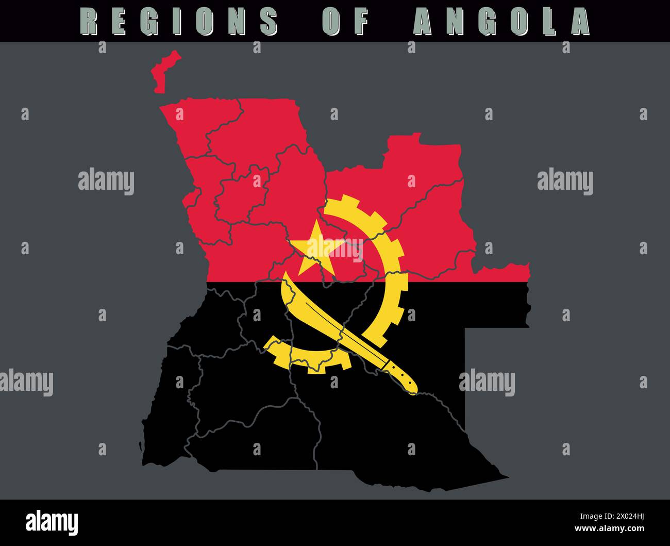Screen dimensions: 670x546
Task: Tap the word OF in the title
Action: [x=346, y=22]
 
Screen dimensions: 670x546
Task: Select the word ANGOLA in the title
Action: [x=502, y=22]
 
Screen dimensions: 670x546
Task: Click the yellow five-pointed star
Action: [x=314, y=250]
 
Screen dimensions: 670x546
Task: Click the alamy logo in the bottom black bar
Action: [x=52, y=522]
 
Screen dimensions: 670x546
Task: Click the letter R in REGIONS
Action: [x=90, y=22]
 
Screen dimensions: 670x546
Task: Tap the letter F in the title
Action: [x=362, y=22]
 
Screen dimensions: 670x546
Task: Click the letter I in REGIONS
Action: [x=178, y=22]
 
